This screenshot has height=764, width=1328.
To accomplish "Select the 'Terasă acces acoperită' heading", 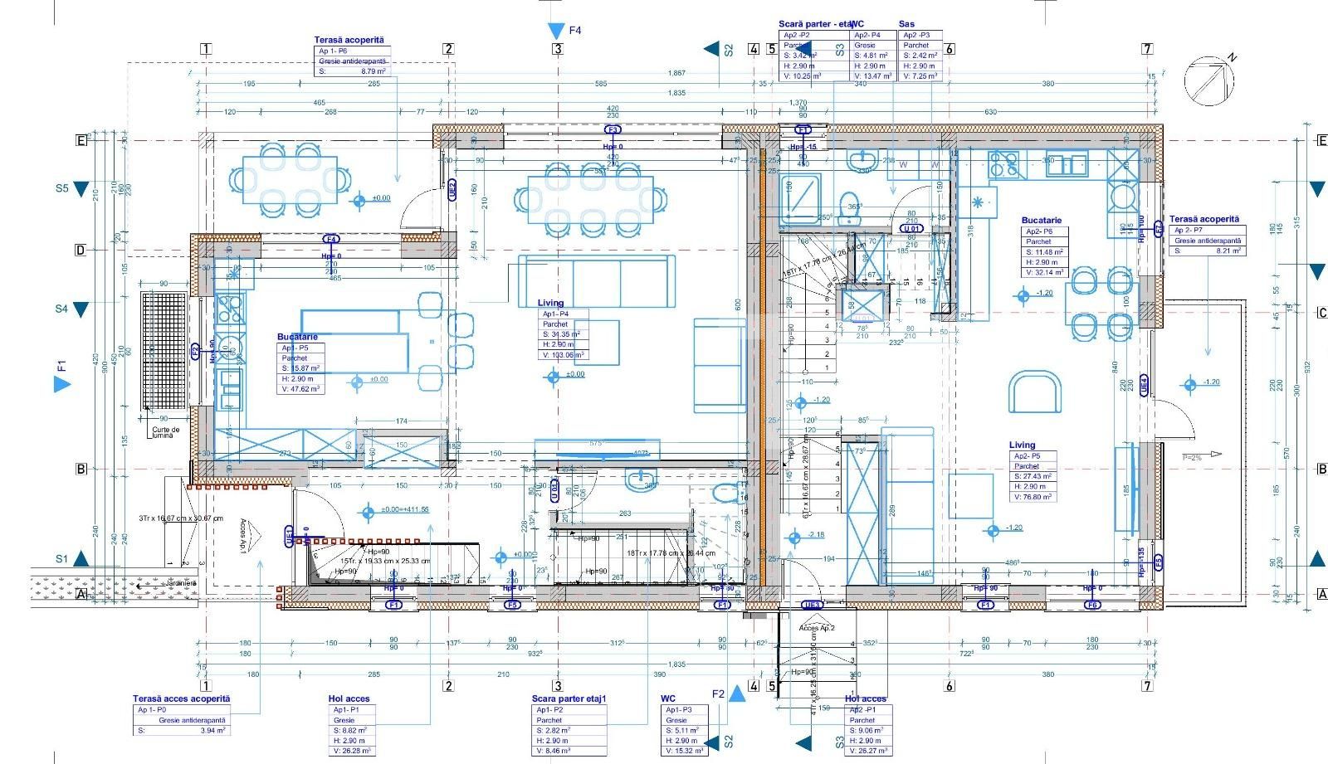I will tap(182, 698).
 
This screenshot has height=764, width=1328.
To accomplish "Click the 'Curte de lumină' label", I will tap(166, 432).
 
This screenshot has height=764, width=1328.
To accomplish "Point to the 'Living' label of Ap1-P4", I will tap(550, 304).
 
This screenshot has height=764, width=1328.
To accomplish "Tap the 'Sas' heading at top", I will tap(906, 24).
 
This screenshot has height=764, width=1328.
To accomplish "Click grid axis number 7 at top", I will tap(1147, 49).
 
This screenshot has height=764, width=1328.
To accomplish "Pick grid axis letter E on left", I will tap(81, 140).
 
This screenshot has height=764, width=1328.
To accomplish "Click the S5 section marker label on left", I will tap(61, 188).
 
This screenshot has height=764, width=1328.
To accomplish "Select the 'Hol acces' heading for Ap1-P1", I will tap(349, 699).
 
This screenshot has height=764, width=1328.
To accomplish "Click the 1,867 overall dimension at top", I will tap(676, 74).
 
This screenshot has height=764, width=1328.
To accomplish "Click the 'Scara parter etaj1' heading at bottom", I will tap(569, 699).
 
